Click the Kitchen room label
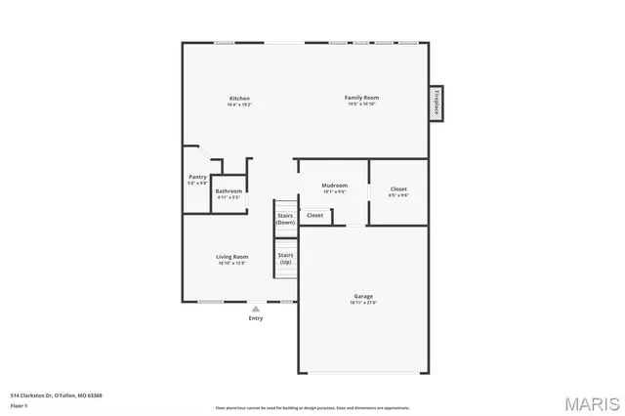coord(239,99)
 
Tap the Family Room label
coord(361,98)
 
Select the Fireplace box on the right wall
coord(437,102)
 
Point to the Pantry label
coord(197,177)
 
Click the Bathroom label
coord(229,190)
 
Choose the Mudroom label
coord(335,185)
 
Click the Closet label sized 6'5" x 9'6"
coord(398,188)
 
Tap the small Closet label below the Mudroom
coord(314,215)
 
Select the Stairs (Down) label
coord(285,219)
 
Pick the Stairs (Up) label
coord(285,258)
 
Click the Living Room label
coord(231,257)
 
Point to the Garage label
coord(363,296)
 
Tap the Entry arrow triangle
coord(256,308)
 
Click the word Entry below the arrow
coord(256,318)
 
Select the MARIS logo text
coord(591,402)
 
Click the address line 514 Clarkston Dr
coord(56,395)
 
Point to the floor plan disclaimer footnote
coord(312,407)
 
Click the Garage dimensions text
coord(363,302)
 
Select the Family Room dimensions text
coord(361,104)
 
